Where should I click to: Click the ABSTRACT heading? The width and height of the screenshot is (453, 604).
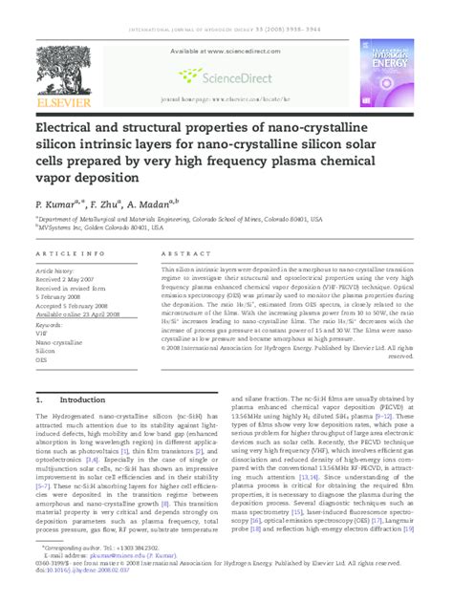172,253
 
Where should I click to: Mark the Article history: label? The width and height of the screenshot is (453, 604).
60,270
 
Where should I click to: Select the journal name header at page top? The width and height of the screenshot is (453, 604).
226,17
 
